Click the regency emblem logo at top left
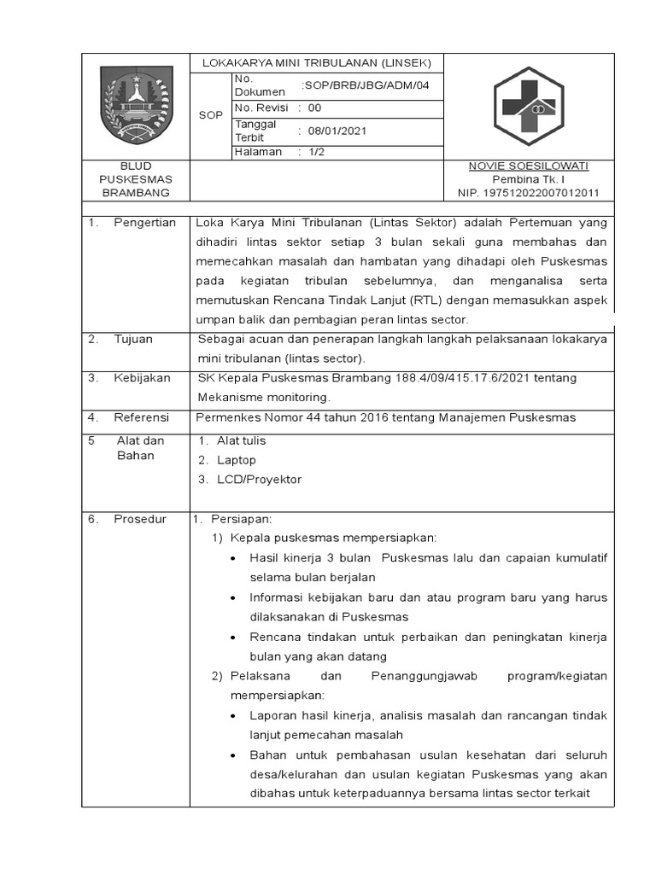[x=137, y=106]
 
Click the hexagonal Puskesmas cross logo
[x=528, y=106]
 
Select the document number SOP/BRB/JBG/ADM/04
[x=365, y=85]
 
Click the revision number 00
[x=314, y=108]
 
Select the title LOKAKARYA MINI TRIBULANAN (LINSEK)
[x=316, y=63]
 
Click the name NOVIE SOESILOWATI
[x=529, y=166]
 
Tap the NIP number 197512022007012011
[x=529, y=193]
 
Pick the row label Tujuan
[x=133, y=339]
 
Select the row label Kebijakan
[x=142, y=377]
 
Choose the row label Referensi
[x=141, y=417]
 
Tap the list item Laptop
[x=237, y=460]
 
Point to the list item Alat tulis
[x=241, y=440]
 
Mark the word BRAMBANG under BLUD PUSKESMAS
[x=137, y=193]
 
